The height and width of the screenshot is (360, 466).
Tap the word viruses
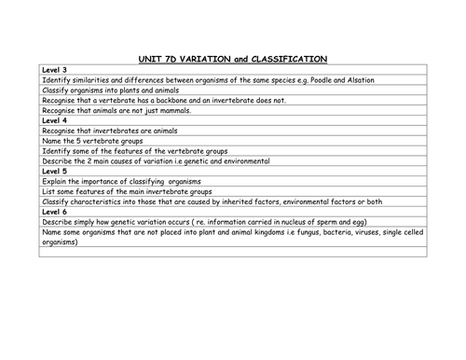pos(368,233)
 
